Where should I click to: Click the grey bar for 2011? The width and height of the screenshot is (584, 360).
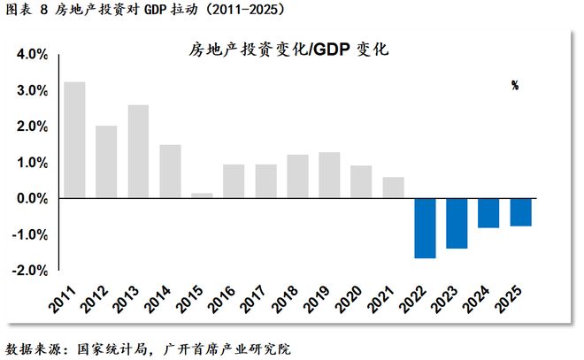coord(75,140)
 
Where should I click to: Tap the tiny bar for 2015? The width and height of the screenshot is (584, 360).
coord(202,195)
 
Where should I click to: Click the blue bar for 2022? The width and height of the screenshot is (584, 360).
coord(425,228)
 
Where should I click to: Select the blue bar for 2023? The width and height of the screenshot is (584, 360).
coord(457,223)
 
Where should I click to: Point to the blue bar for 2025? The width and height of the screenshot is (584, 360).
coord(520,212)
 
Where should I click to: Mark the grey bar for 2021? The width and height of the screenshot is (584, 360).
coord(393,188)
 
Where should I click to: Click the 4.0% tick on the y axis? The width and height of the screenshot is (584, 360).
coord(30,54)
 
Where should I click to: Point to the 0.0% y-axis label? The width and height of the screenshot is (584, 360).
coord(30,198)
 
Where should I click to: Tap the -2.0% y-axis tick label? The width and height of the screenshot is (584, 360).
coord(28,271)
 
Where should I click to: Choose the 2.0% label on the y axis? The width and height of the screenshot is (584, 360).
coord(30,126)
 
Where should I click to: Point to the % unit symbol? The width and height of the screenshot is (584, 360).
coord(514,86)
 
